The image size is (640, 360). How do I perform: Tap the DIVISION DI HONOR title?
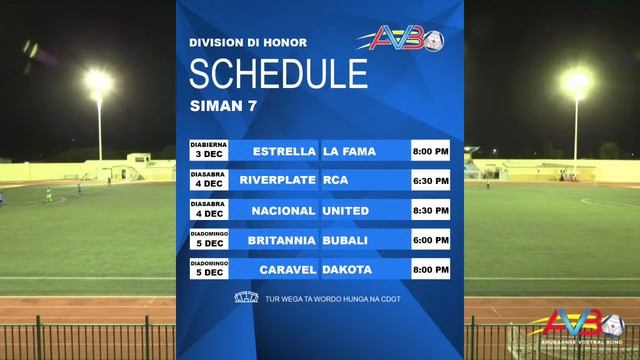248,43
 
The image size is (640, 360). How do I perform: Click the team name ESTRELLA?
284,151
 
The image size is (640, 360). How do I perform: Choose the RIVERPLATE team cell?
278,181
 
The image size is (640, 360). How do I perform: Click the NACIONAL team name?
282,210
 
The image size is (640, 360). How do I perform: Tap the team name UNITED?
346,210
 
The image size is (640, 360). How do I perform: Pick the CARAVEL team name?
286,270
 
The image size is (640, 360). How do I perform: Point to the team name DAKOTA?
348,270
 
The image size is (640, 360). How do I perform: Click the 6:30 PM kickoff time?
430,181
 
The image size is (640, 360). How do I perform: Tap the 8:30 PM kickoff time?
430,210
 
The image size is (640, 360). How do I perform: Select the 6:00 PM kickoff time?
430,240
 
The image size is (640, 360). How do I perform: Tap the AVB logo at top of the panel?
405,40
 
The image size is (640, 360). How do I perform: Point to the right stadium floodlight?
577,82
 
